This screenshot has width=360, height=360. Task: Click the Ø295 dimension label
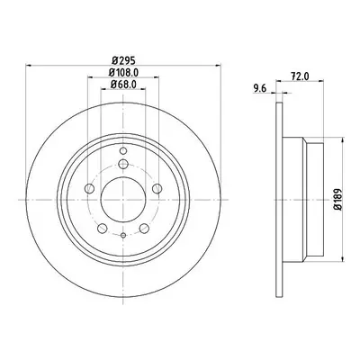tap(123, 60)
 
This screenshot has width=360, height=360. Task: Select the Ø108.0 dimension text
tap(123, 73)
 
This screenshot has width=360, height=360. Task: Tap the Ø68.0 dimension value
tap(123, 85)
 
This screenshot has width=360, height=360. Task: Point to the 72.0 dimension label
tap(300, 76)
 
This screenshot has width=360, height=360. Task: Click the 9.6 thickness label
tap(260, 88)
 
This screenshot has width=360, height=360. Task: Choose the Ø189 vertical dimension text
tap(338, 199)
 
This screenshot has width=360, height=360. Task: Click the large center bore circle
tap(123, 200)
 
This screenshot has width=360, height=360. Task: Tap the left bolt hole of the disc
tap(90, 189)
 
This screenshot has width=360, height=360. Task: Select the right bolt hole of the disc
tap(157, 189)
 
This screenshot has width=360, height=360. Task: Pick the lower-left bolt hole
tap(103, 229)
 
